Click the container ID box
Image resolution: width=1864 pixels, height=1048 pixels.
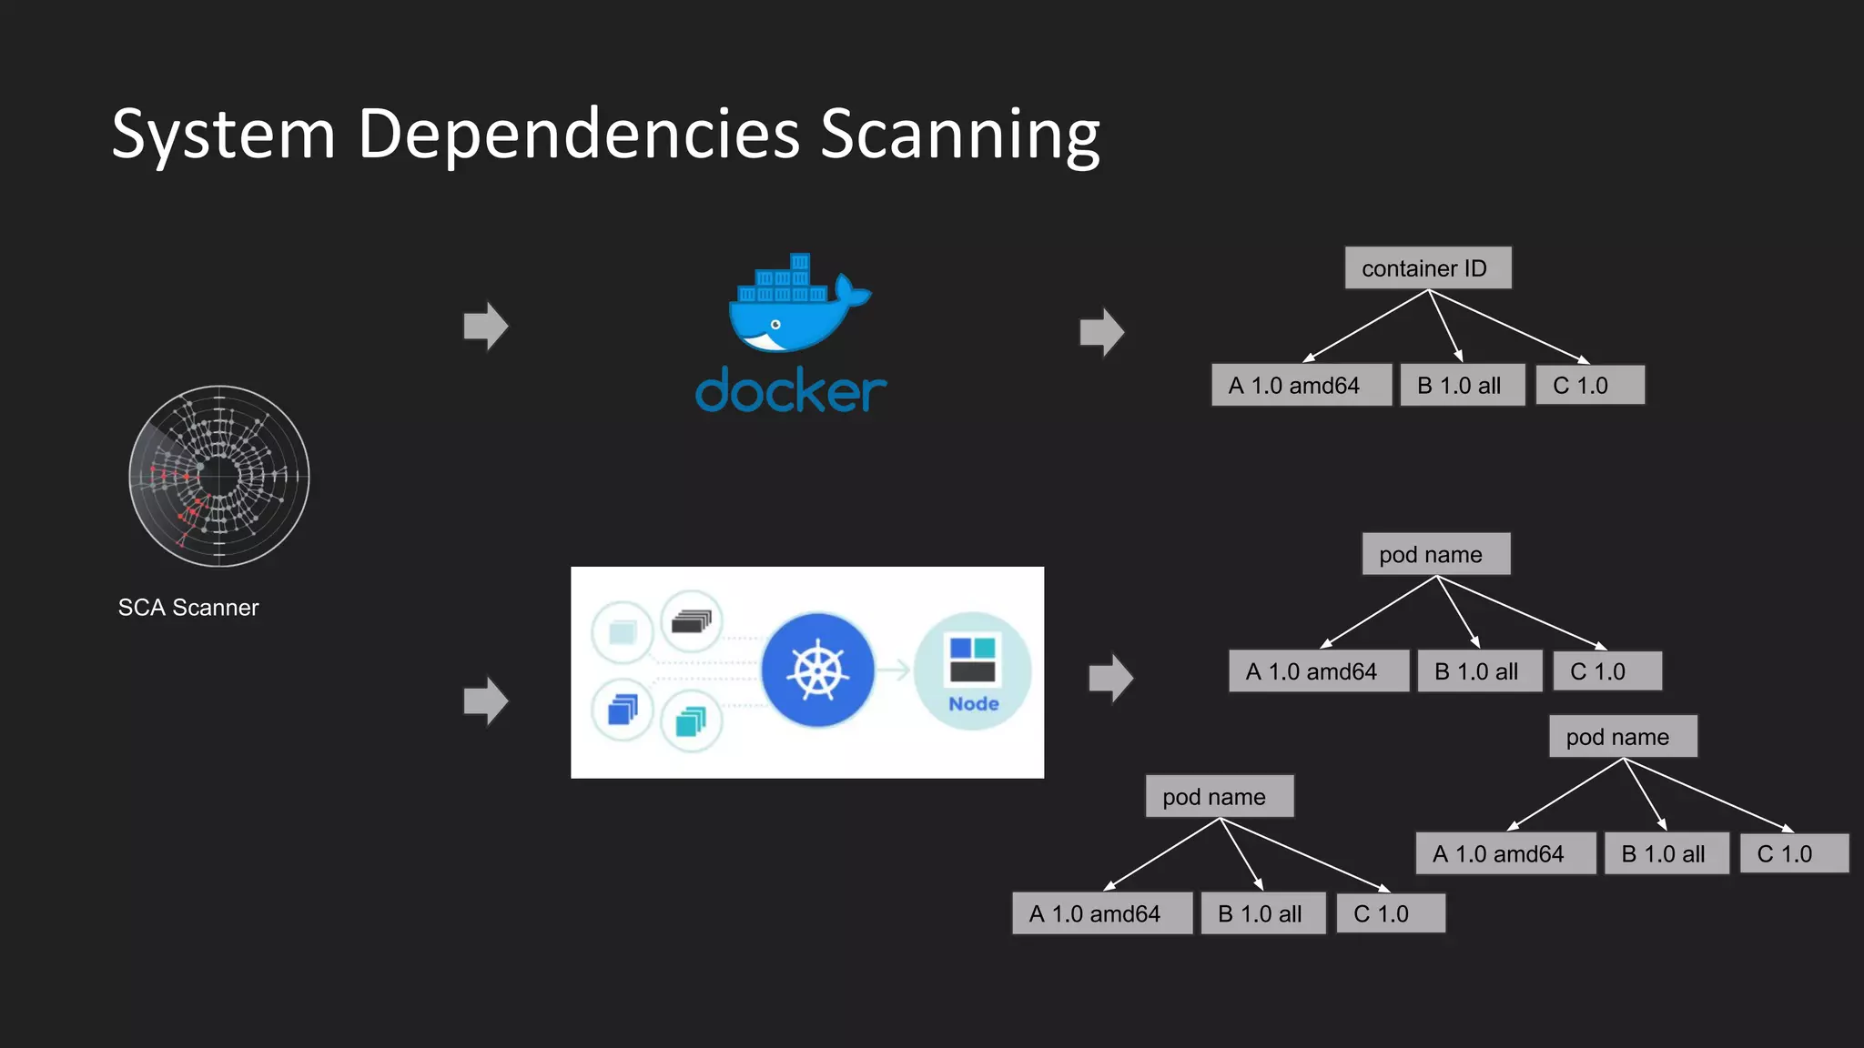coord(1427,268)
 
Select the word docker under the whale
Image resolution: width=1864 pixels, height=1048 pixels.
coord(790,391)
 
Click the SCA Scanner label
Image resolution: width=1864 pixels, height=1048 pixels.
coord(188,608)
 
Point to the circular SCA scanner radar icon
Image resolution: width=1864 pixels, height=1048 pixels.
coord(219,476)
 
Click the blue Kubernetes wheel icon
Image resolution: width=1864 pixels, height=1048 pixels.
coord(817,670)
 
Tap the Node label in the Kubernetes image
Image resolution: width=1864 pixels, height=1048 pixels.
coord(973,704)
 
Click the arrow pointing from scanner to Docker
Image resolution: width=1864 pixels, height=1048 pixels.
coord(486,326)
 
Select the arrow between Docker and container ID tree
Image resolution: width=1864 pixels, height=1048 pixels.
coord(1102,332)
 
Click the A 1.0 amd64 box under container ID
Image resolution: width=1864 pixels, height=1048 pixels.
coord(1301,386)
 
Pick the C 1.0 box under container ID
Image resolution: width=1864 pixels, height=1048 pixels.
coord(1589,386)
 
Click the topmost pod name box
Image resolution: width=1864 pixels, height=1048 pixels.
coord(1435,555)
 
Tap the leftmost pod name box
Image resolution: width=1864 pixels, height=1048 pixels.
coord(1219,797)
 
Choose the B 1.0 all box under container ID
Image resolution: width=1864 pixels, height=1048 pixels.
coord(1462,386)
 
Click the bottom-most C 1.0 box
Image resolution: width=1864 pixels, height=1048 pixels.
coord(1390,914)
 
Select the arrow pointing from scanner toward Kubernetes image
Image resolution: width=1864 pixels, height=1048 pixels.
coord(486,700)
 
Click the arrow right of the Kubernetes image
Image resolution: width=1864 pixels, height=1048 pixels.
coord(1110,678)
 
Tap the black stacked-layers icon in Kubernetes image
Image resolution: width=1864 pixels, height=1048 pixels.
coord(692,622)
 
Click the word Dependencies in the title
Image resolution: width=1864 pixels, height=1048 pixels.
coord(578,135)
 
